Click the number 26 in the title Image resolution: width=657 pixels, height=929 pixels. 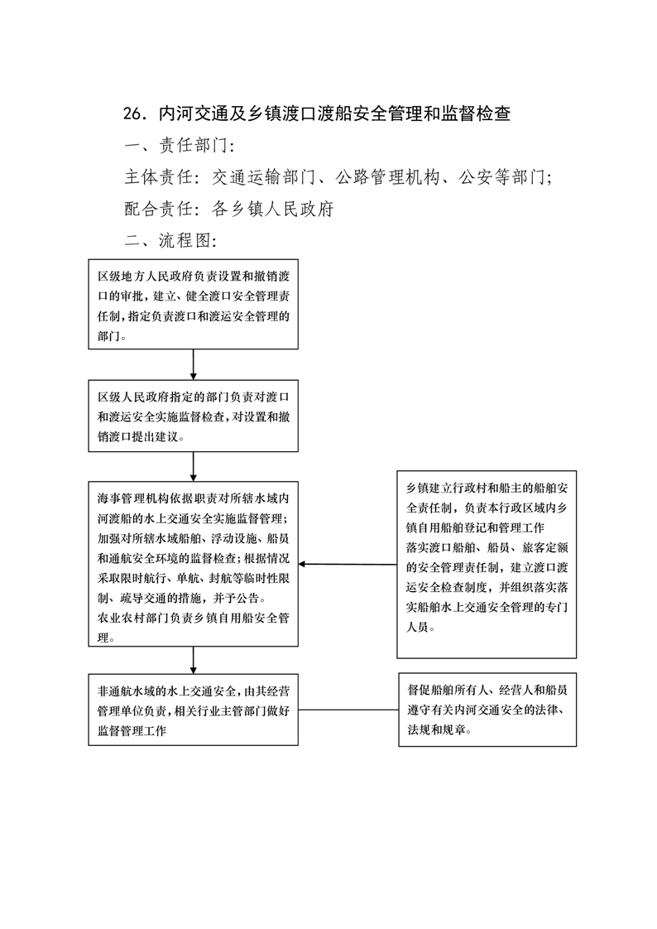click(132, 113)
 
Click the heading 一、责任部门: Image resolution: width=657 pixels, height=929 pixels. click(180, 145)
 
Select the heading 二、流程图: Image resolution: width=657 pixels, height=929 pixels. click(170, 240)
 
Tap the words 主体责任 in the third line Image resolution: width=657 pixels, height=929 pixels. click(159, 176)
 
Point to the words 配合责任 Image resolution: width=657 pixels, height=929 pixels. click(159, 209)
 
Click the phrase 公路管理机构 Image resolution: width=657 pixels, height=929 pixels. click(388, 176)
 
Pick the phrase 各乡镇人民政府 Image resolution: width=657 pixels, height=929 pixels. click(273, 209)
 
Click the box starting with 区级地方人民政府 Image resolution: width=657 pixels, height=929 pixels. click(193, 304)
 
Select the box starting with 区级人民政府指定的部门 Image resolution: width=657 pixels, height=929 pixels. click(193, 416)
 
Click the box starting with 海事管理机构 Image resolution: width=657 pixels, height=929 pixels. click(193, 564)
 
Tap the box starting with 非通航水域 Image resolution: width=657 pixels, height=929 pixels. click(193, 710)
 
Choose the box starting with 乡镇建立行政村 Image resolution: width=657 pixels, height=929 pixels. click(487, 565)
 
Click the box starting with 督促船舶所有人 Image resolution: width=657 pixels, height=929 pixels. click(487, 710)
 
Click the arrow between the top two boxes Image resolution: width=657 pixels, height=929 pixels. click(194, 364)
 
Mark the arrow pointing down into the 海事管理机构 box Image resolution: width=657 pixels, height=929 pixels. click(194, 466)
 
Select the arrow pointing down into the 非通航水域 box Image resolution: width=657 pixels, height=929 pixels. click(194, 660)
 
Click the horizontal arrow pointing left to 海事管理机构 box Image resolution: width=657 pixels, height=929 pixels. click(348, 564)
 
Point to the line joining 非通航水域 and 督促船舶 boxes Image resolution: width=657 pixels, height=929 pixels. click(348, 710)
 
